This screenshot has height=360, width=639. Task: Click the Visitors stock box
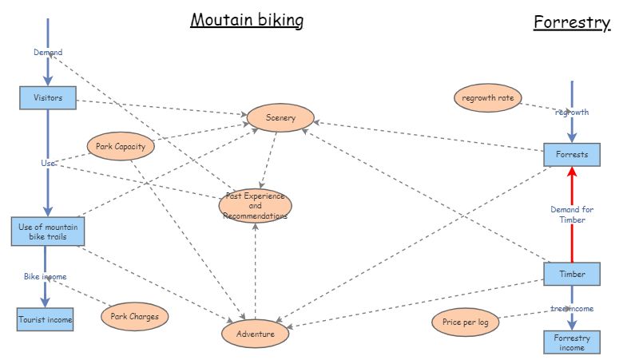click(48, 99)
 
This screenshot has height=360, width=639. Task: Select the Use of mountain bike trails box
click(48, 231)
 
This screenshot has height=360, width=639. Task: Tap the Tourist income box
click(46, 320)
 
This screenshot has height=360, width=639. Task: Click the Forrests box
click(572, 155)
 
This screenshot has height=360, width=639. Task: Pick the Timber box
click(572, 275)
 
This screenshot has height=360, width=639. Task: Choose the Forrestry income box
click(572, 342)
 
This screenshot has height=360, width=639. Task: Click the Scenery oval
click(281, 118)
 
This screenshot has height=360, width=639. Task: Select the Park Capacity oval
click(120, 147)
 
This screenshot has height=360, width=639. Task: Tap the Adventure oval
click(256, 334)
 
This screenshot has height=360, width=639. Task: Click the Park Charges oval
click(135, 316)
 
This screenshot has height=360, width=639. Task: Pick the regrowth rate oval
click(487, 98)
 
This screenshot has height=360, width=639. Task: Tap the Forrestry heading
click(572, 22)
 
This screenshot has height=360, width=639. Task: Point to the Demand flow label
click(48, 53)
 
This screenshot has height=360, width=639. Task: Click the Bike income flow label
click(45, 276)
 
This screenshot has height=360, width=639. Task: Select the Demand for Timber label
click(572, 215)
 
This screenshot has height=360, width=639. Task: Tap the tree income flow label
click(572, 308)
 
